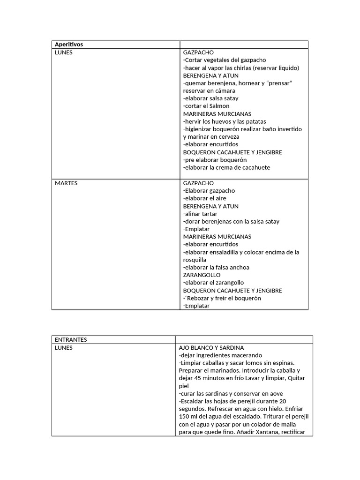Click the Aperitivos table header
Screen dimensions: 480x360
pos(69,45)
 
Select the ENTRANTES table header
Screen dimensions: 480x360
pos(71,340)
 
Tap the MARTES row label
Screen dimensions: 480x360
pos(66,183)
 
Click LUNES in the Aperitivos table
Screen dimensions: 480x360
pos(64,52)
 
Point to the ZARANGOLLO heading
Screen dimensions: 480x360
pos(202,275)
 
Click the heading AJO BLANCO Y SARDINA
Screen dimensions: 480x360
pos(211,348)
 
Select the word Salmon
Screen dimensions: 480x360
pos(219,106)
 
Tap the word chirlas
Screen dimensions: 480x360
pos(243,68)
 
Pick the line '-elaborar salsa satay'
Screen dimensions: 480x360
pos(210,98)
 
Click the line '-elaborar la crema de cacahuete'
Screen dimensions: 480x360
pos(226,167)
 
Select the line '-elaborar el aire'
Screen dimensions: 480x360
pos(204,198)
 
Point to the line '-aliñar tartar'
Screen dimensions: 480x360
pos(200,214)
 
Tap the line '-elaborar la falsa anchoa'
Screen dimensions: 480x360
pos(216,268)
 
